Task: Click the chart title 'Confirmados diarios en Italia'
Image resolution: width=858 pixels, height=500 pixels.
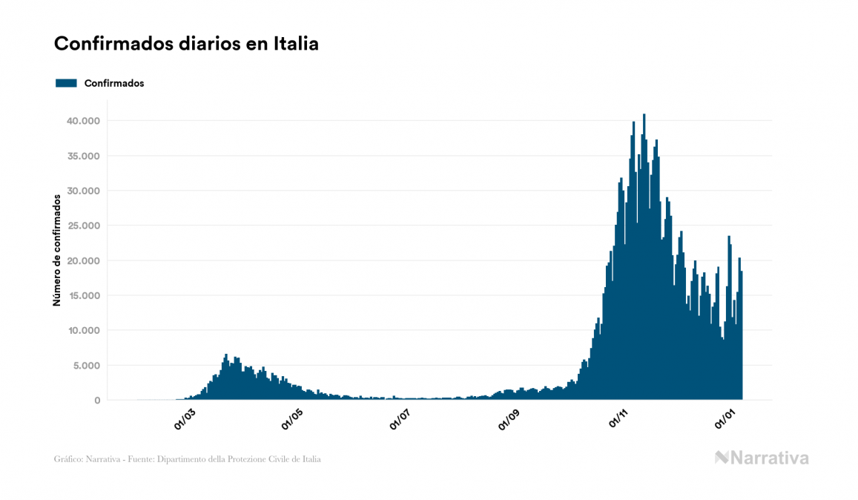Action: (186, 44)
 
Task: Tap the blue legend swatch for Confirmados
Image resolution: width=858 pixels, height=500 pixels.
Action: (66, 83)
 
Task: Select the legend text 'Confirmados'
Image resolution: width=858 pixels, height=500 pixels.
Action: (114, 83)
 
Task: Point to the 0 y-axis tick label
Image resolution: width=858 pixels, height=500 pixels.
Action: (96, 401)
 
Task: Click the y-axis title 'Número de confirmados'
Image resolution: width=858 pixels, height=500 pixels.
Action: (56, 251)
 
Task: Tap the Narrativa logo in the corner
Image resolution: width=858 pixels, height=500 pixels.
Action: (762, 458)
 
